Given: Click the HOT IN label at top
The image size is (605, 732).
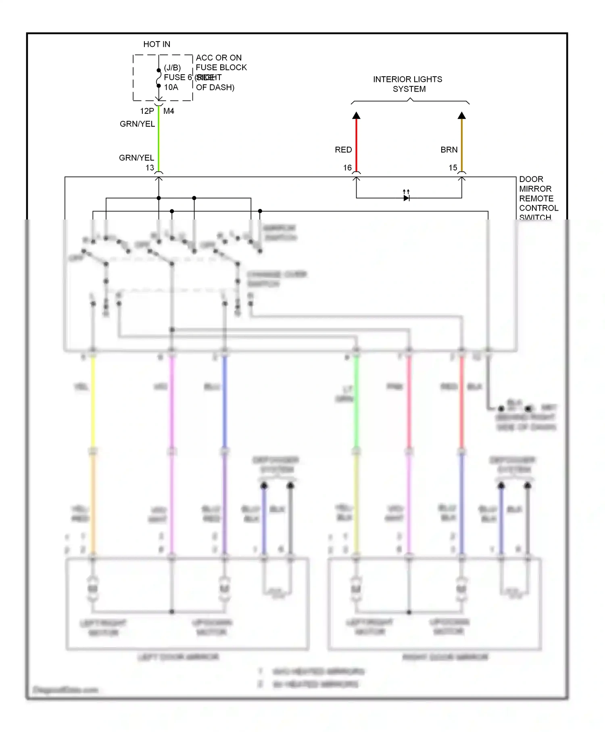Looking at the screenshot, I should (x=156, y=44).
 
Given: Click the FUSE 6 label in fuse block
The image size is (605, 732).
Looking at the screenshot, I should (x=177, y=77).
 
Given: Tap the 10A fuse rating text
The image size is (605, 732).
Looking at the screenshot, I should (x=171, y=87).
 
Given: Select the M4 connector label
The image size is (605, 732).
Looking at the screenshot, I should (x=169, y=111).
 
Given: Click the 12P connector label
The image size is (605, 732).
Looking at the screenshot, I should (x=147, y=111).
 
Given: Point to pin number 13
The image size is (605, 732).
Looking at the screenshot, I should (x=150, y=167).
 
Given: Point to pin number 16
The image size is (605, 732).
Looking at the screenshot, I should (x=347, y=167).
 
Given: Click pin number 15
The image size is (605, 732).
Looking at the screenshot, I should (x=453, y=167).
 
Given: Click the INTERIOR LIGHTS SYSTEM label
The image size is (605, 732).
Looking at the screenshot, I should (x=408, y=84).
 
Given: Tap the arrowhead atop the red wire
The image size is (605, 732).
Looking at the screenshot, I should (x=356, y=116).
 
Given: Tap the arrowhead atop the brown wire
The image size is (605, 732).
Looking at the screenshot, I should (x=462, y=116).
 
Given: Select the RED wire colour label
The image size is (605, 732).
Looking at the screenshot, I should (x=343, y=150).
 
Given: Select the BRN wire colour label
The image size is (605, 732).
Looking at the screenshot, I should (x=449, y=150).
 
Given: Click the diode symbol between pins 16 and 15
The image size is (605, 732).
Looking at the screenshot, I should (x=407, y=198).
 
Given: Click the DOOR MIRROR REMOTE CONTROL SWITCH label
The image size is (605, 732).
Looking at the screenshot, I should (x=538, y=198).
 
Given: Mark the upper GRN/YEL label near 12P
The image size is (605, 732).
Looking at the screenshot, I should (x=137, y=124).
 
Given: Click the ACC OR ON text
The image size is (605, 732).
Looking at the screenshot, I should (x=219, y=58).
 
